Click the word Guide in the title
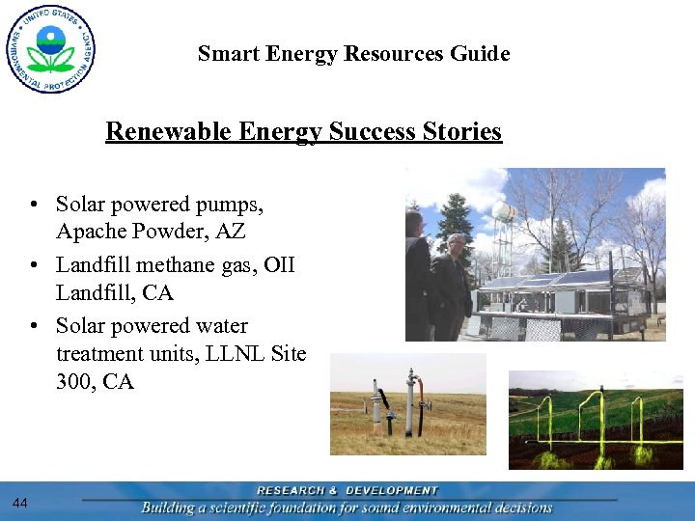pyautogui.click(x=480, y=54)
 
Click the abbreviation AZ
pyautogui.click(x=231, y=232)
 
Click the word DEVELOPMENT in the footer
pyautogui.click(x=391, y=491)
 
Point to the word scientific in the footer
pyautogui.click(x=248, y=507)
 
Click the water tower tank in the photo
pyautogui.click(x=503, y=210)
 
